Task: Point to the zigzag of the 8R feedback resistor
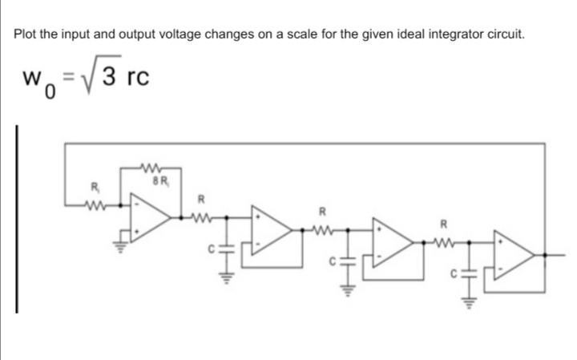click(x=151, y=168)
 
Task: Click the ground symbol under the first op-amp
click(x=124, y=238)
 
